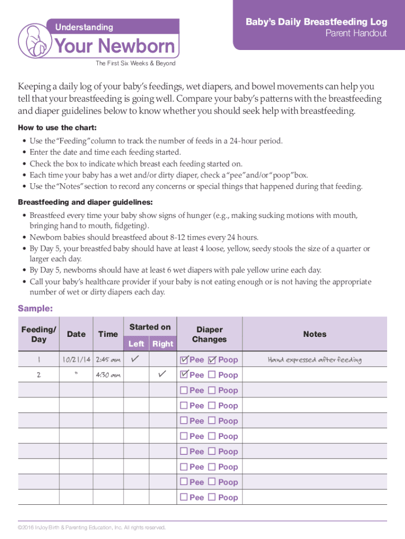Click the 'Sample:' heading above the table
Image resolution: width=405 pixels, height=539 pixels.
coord(35,308)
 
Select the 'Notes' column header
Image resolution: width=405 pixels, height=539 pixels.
coord(315,334)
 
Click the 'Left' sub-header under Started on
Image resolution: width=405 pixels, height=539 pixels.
coord(136,344)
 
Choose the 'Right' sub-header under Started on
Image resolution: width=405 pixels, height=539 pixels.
coord(163,344)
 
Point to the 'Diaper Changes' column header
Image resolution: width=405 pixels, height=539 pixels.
coord(209,334)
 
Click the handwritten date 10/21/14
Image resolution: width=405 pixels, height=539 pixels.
coord(76,360)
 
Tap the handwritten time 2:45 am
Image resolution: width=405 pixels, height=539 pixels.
coord(108,360)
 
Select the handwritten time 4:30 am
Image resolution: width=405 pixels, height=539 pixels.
coord(108,375)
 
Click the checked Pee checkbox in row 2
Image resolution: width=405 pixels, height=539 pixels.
coord(184,375)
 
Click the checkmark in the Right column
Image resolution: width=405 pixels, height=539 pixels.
coord(162,374)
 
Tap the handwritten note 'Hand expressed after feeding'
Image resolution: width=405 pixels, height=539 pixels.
coord(315,360)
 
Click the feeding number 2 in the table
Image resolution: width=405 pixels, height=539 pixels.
coord(38,375)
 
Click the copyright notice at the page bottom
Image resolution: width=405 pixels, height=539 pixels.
coord(92,527)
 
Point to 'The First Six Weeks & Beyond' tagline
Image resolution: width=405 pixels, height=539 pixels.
coord(135,64)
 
